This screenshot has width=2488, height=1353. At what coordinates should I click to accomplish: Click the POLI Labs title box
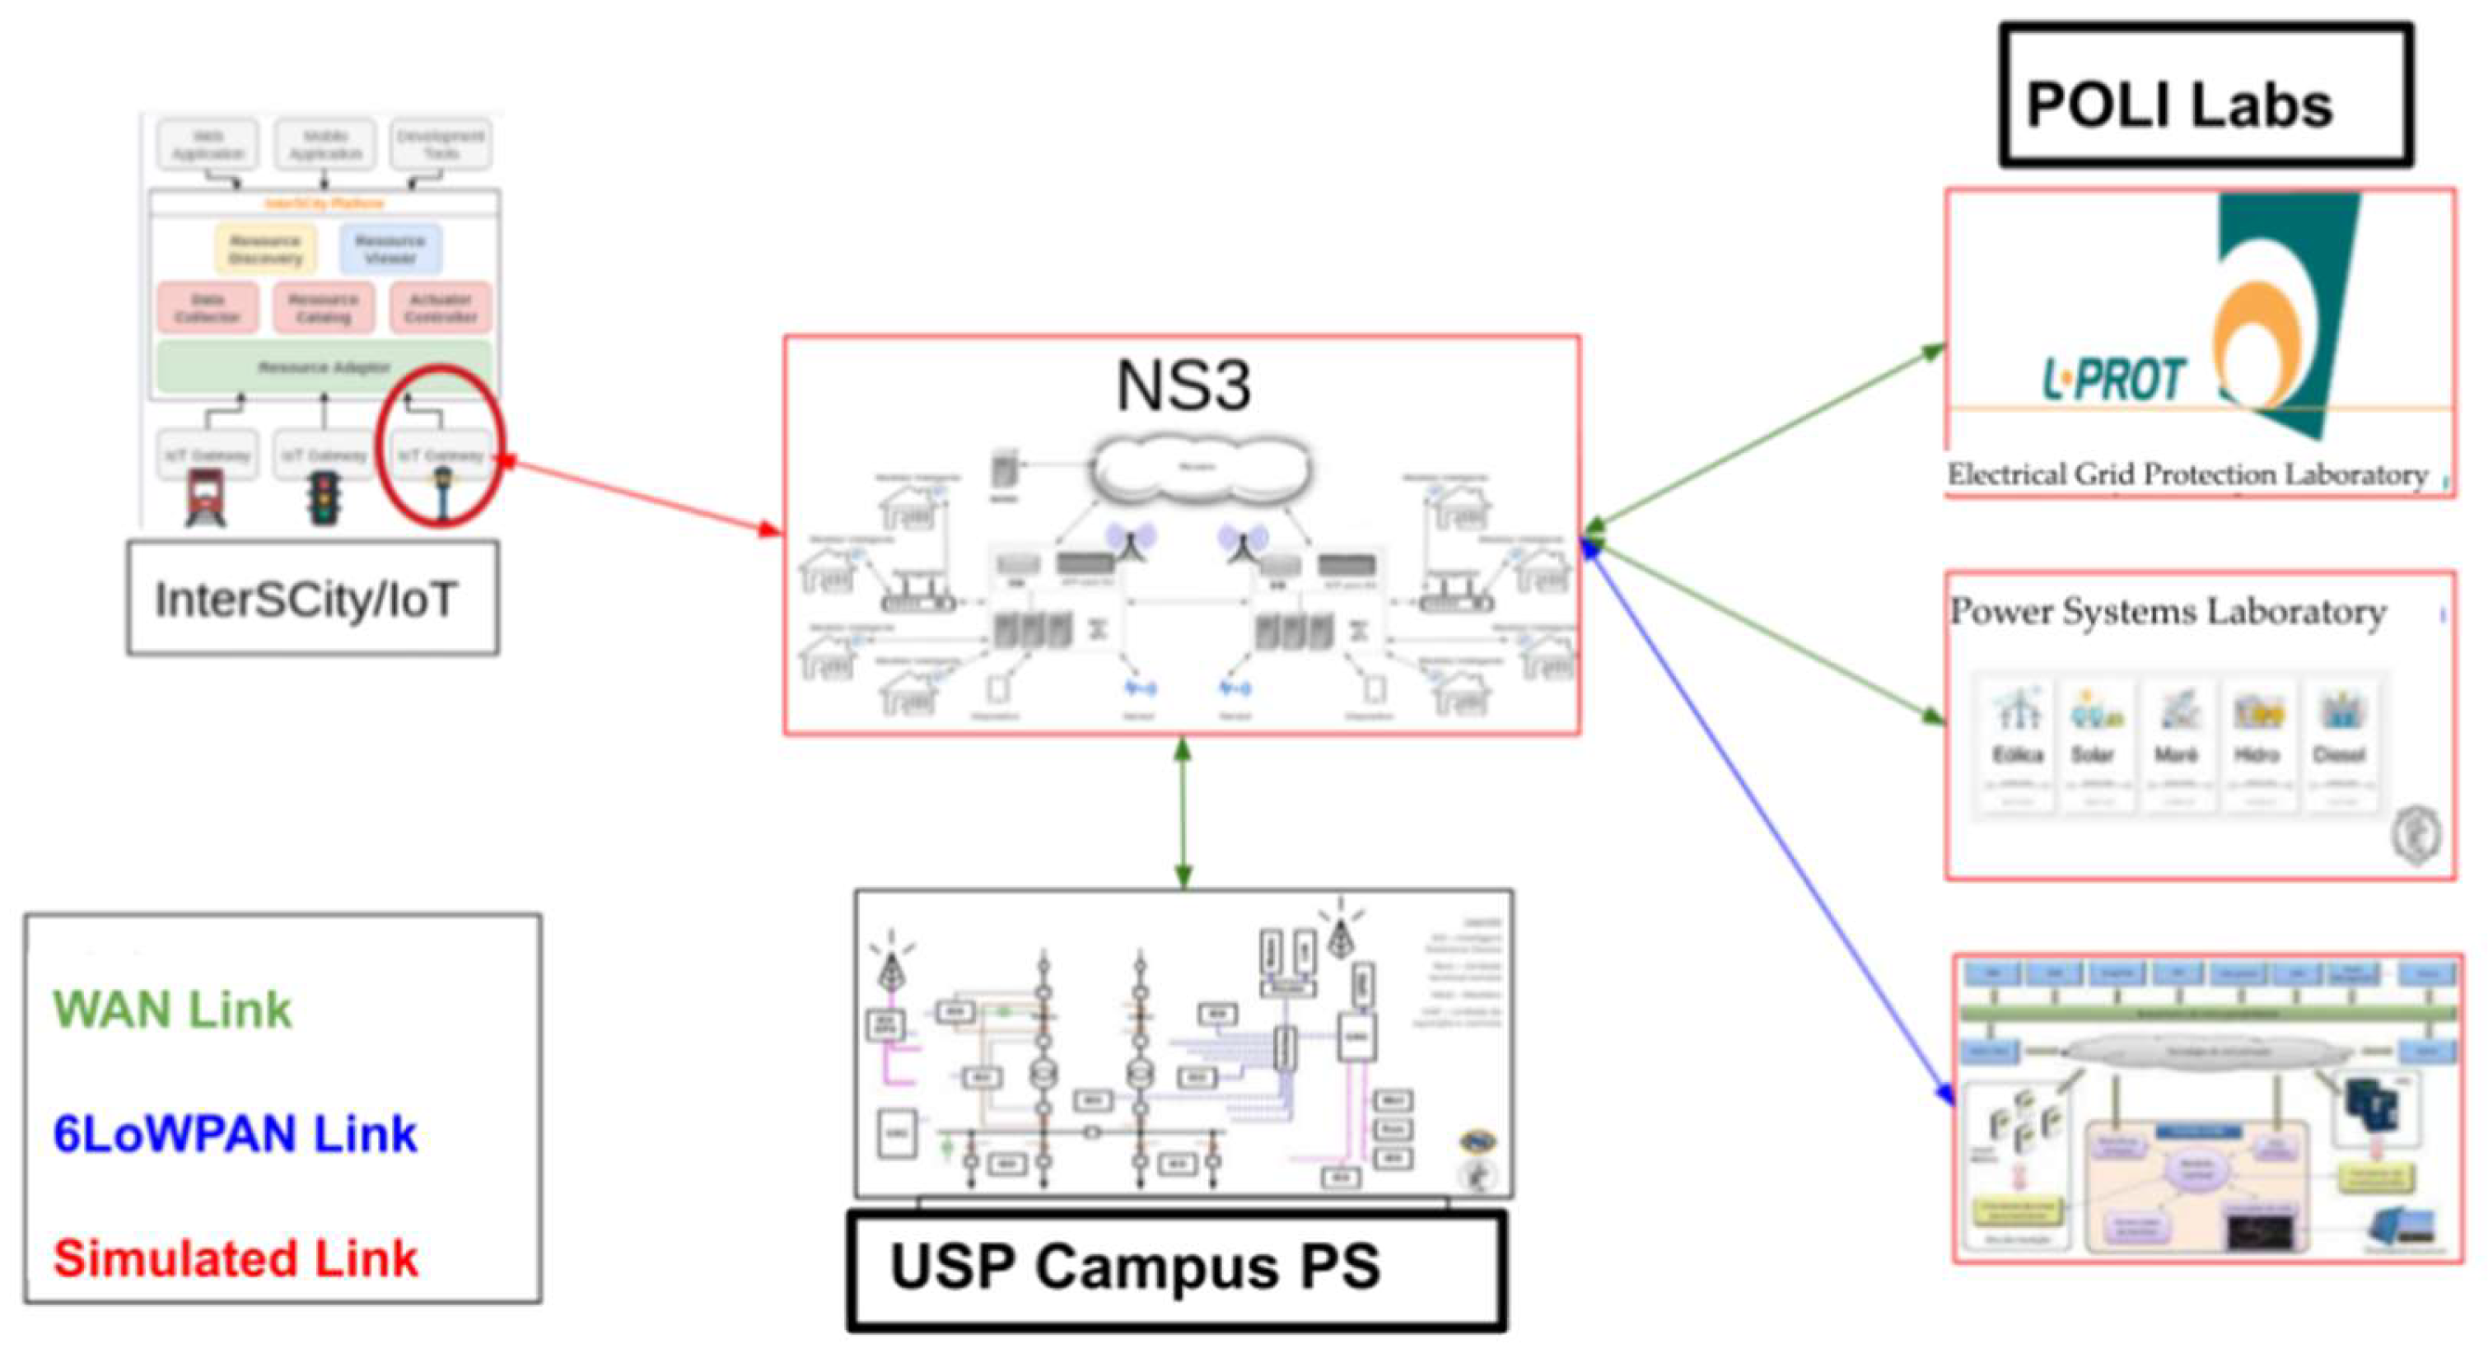(x=2204, y=95)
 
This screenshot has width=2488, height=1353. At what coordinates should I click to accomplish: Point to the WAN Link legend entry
(x=172, y=1010)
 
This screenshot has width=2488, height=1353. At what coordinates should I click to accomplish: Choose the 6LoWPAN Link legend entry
(x=235, y=1134)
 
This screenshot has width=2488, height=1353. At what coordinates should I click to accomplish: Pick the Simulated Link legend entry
(x=235, y=1258)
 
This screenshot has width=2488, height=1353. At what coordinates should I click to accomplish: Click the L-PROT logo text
(x=2113, y=379)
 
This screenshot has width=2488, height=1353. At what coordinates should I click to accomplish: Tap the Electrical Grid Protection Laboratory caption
(x=2187, y=475)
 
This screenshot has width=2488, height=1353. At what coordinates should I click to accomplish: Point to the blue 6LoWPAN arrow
(x=1767, y=821)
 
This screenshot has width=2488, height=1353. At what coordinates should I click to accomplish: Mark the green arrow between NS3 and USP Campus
(x=1183, y=811)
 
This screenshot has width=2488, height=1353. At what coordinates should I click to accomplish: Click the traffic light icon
(x=324, y=497)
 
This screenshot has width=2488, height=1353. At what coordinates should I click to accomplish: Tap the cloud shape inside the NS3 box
(x=1200, y=469)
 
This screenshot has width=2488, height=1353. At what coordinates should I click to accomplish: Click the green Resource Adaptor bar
(x=324, y=367)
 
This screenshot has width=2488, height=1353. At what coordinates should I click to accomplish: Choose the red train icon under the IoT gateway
(x=206, y=497)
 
